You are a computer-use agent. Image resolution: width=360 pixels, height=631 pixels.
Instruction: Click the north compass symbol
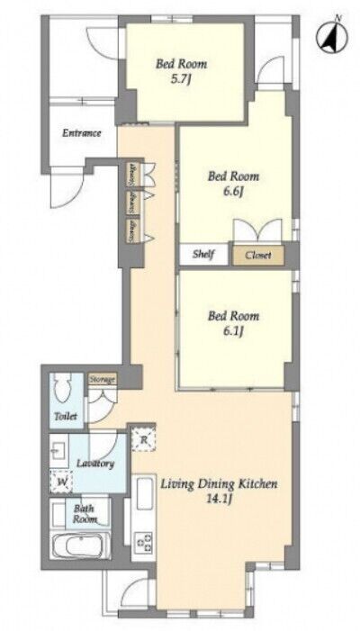tap(331, 38)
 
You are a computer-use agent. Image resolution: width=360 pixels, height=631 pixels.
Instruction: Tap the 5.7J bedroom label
tap(182, 70)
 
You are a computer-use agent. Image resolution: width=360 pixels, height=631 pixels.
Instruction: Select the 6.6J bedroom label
tap(233, 183)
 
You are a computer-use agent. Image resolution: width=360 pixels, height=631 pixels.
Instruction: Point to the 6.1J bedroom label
tap(233, 323)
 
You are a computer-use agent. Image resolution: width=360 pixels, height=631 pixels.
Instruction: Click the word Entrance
tap(82, 133)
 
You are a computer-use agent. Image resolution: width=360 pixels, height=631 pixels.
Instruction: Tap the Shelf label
tap(203, 255)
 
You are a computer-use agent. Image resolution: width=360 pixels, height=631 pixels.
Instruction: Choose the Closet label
tap(258, 255)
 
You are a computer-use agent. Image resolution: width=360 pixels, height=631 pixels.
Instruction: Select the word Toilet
tap(66, 417)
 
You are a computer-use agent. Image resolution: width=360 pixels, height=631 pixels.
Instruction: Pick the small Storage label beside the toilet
tap(103, 380)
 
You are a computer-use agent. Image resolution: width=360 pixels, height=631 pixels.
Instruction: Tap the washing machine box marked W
tap(60, 482)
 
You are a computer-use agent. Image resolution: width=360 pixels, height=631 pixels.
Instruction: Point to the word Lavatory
tap(95, 464)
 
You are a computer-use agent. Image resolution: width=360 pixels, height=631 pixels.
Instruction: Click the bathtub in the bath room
tap(80, 546)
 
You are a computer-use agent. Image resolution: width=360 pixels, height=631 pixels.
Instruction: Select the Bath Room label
tap(84, 514)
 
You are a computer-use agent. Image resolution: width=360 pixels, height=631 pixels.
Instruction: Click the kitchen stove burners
tap(144, 542)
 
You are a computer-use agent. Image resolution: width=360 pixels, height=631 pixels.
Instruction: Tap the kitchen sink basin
tap(145, 493)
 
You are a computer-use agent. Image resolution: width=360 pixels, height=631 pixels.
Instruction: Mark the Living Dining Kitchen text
tap(220, 484)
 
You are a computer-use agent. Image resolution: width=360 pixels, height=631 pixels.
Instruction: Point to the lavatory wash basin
tap(57, 449)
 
